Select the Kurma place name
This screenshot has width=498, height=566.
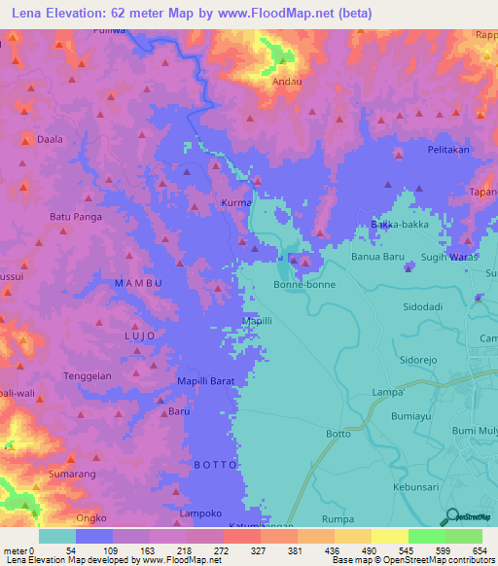pyautogui.click(x=236, y=202)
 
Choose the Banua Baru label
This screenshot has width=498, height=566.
pyautogui.click(x=376, y=258)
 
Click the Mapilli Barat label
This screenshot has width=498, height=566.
pyautogui.click(x=205, y=382)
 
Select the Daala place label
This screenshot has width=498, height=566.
pyautogui.click(x=50, y=139)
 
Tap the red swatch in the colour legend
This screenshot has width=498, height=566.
pyautogui.click(x=241, y=536)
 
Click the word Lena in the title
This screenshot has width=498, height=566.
pyautogui.click(x=28, y=14)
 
